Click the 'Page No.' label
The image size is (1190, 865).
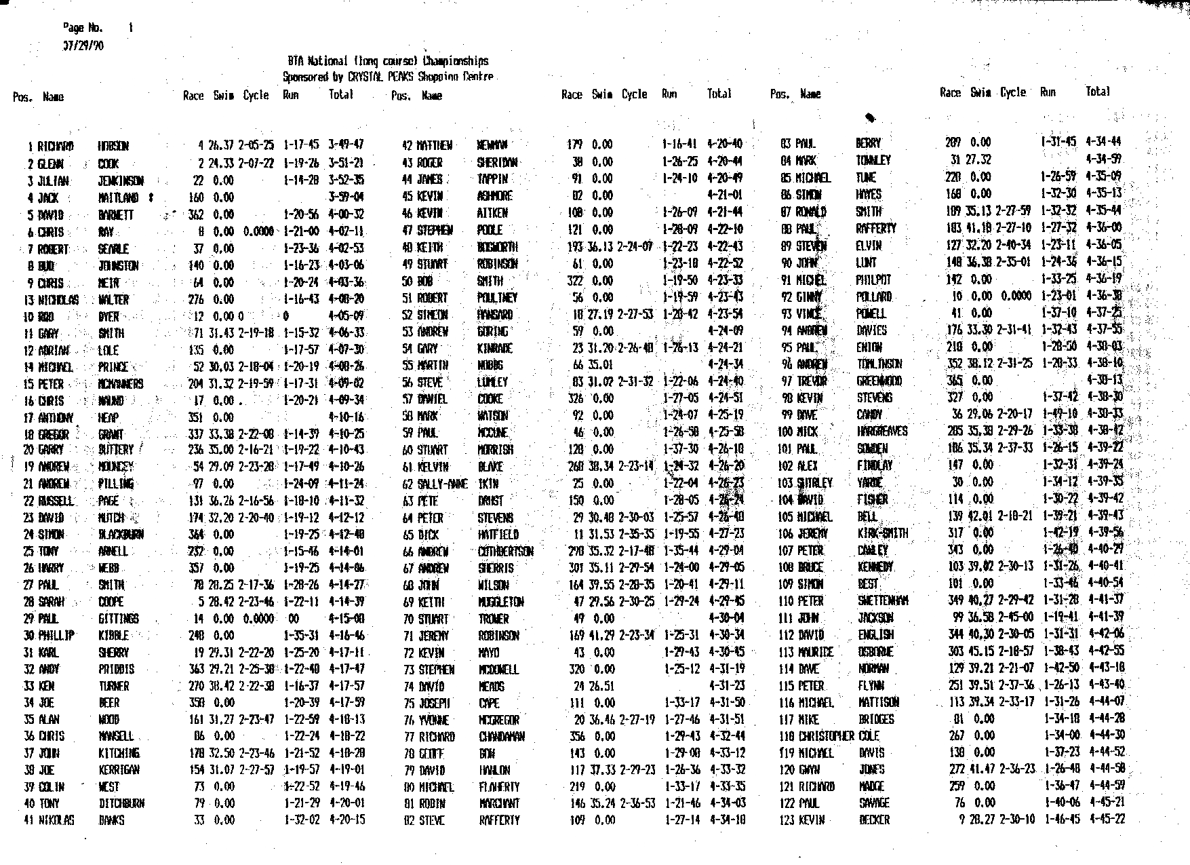pyautogui.click(x=83, y=28)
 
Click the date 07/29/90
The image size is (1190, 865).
pyautogui.click(x=83, y=46)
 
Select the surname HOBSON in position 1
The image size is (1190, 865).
pyautogui.click(x=113, y=146)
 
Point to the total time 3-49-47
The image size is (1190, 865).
pyautogui.click(x=346, y=145)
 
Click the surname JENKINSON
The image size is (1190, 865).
pyautogui.click(x=121, y=180)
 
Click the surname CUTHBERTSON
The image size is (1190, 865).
pyautogui.click(x=505, y=552)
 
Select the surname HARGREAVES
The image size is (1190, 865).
pyautogui.click(x=881, y=431)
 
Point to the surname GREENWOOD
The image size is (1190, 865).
pyautogui.click(x=879, y=381)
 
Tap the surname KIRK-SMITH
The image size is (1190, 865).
pyautogui.click(x=882, y=533)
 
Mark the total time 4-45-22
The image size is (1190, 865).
pyautogui.click(x=1106, y=819)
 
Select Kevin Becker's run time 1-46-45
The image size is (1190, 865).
pyautogui.click(x=1059, y=819)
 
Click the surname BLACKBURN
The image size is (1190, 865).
pyautogui.click(x=121, y=535)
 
